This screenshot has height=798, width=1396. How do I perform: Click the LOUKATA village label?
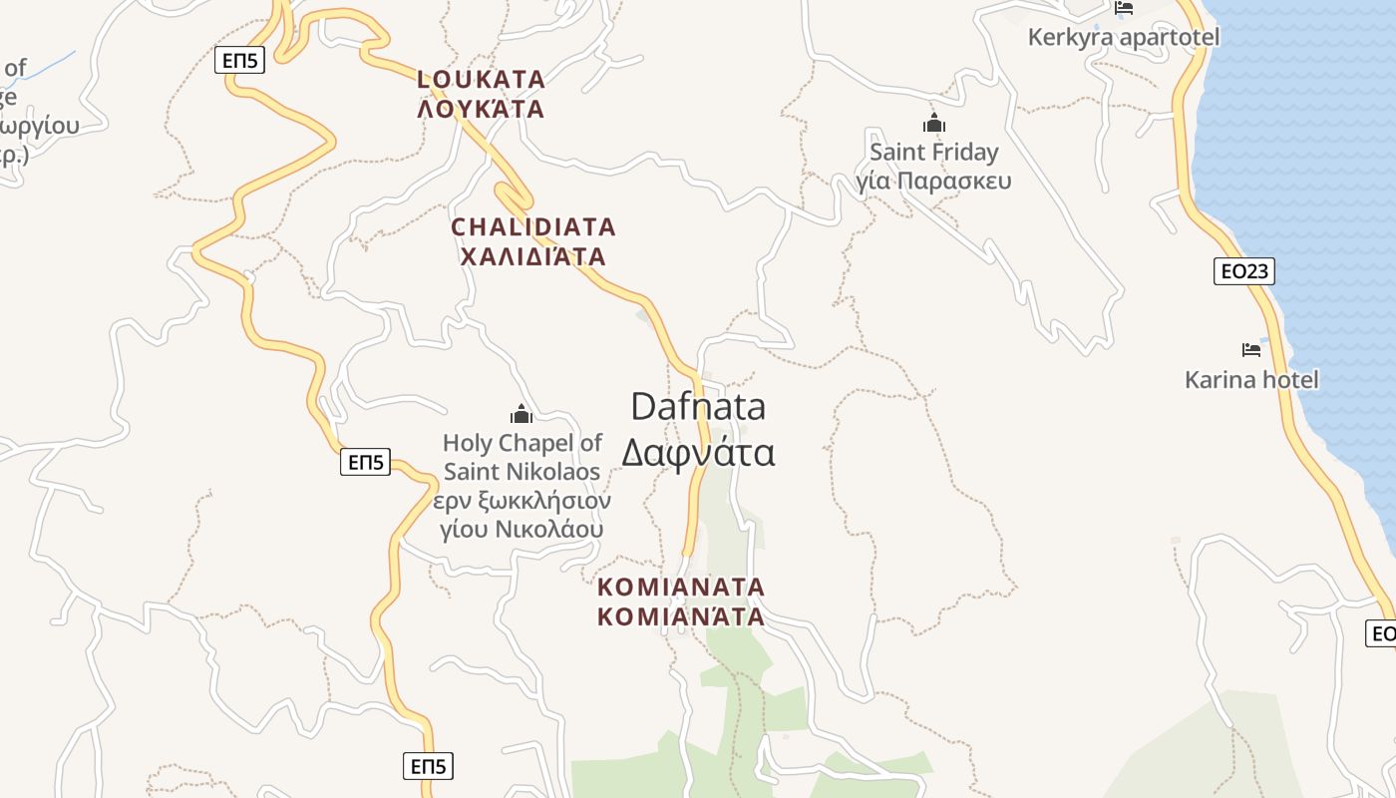pyautogui.click(x=481, y=79)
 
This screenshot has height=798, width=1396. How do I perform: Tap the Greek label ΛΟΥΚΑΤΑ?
pyautogui.click(x=481, y=109)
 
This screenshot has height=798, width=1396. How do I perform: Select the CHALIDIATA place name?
pyautogui.click(x=533, y=227)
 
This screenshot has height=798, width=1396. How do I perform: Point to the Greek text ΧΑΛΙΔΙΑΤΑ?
pyautogui.click(x=533, y=257)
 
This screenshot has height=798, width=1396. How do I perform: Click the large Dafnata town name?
pyautogui.click(x=698, y=407)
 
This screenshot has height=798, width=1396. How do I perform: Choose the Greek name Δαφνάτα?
pyautogui.click(x=698, y=453)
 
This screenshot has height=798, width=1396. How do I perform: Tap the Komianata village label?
pyautogui.click(x=681, y=587)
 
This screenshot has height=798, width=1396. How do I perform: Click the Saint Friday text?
pyautogui.click(x=933, y=153)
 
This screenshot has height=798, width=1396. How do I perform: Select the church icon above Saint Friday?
pyautogui.click(x=934, y=124)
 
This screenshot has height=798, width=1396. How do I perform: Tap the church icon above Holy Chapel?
pyautogui.click(x=522, y=414)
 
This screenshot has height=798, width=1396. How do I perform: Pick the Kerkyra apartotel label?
pyautogui.click(x=1124, y=38)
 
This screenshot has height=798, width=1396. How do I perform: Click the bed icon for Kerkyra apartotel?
pyautogui.click(x=1125, y=8)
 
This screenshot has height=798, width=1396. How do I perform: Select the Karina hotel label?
pyautogui.click(x=1251, y=380)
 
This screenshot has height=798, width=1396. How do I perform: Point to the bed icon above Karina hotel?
pyautogui.click(x=1251, y=350)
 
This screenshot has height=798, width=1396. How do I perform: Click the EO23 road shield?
pyautogui.click(x=1244, y=270)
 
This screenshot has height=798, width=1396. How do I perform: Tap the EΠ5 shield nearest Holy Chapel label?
pyautogui.click(x=365, y=462)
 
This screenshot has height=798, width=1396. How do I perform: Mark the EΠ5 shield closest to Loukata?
pyautogui.click(x=239, y=61)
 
